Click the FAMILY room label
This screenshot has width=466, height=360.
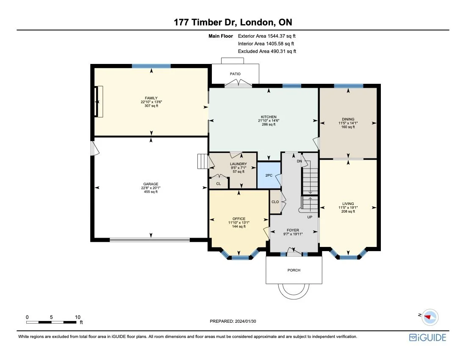151,98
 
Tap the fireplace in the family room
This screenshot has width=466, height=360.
99,102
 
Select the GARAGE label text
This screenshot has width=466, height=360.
150,184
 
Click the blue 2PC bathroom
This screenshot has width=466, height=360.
269,175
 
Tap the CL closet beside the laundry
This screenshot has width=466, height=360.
218,183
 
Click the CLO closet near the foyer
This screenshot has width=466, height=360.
275,202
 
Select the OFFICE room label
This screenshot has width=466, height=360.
239,219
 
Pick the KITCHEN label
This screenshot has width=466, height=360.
269,117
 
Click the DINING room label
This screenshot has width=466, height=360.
348,119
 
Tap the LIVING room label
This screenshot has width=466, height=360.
348,204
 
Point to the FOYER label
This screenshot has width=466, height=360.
293,230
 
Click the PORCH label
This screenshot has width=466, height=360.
294,270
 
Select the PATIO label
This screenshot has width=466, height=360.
235,74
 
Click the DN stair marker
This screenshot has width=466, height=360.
299,161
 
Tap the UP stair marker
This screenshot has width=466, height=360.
310,217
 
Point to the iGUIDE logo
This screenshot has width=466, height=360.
427,337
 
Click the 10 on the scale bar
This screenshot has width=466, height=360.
77,317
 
